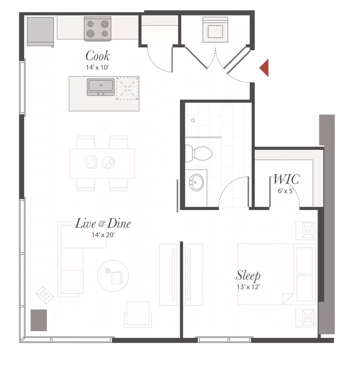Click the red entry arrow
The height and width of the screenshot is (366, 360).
click(265, 68)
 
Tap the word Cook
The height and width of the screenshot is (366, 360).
click(98, 56)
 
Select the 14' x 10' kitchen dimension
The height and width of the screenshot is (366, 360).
click(98, 68)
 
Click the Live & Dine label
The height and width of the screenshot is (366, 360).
click(103, 223)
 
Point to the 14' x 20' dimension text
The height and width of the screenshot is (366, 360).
click(103, 235)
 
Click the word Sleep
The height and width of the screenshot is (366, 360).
click(248, 275)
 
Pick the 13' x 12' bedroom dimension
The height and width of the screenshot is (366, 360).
click(249, 287)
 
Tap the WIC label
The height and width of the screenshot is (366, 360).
click(286, 179)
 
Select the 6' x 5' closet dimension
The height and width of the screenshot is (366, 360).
click(285, 191)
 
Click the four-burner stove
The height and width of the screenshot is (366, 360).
click(98, 29)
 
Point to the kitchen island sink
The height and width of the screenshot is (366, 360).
click(101, 87)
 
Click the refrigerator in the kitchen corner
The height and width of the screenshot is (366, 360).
click(40, 32)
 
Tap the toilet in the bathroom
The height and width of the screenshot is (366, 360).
click(199, 153)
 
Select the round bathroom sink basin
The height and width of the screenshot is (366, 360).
click(196, 182)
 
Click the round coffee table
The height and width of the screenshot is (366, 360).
click(113, 276)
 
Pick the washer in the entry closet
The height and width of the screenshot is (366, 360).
click(215, 30)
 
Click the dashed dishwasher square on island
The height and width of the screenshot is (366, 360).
click(127, 89)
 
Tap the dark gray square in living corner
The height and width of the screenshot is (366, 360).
click(39, 320)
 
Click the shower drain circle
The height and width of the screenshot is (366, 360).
click(193, 120)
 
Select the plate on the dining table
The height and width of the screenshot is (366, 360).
click(108, 163)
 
